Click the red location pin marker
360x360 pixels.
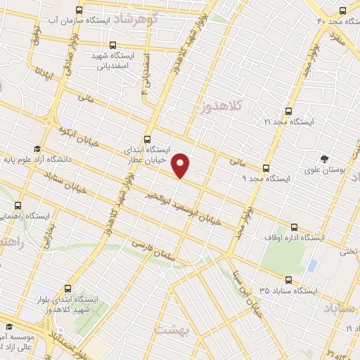[x=181, y=165]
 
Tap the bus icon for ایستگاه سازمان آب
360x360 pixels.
[x=78, y=11]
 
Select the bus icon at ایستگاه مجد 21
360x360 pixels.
[x=288, y=110]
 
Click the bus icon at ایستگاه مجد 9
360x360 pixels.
[x=265, y=168]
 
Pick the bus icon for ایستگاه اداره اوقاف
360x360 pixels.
[x=295, y=227]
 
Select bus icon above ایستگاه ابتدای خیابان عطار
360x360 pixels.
[x=147, y=139]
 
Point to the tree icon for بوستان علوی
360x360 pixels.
[x=324, y=158]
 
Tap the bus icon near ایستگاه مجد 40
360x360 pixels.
[x=342, y=11]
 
